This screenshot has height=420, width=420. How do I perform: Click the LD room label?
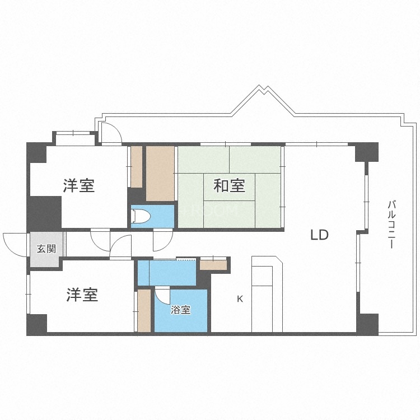tap(319, 235)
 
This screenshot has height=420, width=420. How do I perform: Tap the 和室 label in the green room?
tap(230, 185)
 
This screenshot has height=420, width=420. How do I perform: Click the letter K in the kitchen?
tap(240, 299)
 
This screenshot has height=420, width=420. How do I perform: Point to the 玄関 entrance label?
tap(46, 249)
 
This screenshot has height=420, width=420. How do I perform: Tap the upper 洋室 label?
tap(78, 185)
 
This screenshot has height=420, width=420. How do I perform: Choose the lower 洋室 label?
tap(82, 295)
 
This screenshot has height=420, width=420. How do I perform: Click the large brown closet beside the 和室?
tap(161, 174)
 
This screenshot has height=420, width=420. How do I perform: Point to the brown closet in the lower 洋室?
tap(144, 310)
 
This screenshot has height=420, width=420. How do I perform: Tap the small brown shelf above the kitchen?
tap(213, 264)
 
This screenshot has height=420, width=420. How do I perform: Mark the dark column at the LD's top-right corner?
tap(367, 152)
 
